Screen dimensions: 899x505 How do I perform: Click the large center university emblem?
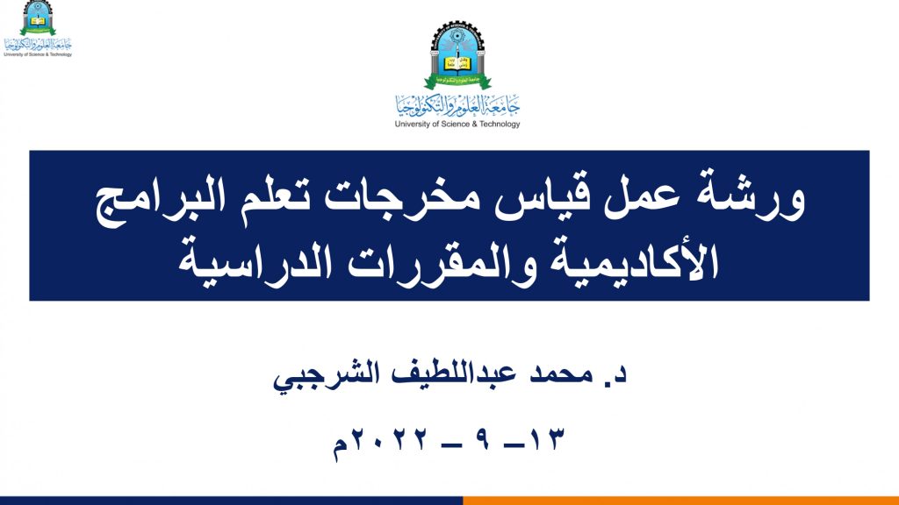(457, 55)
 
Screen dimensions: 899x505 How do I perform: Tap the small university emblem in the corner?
(38, 18)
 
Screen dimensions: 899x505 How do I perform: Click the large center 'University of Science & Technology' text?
(457, 124)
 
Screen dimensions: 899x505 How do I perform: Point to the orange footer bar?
(681, 501)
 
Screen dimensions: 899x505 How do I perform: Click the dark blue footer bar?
(232, 501)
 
